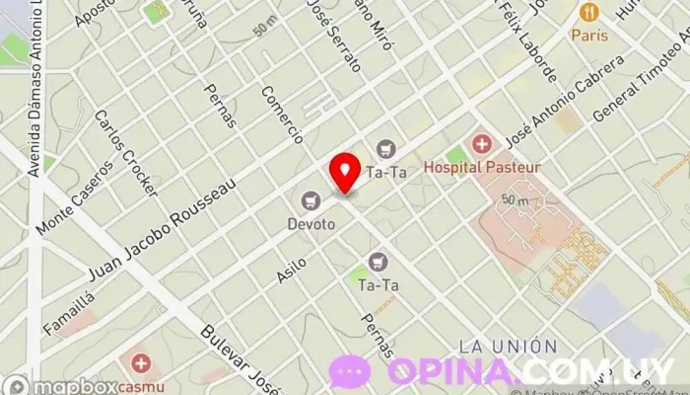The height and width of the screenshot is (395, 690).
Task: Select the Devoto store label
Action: pyautogui.click(x=311, y=224)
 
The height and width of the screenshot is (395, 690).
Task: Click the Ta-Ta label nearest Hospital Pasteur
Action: pyautogui.click(x=386, y=172)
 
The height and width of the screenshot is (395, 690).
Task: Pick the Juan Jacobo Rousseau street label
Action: pyautogui.click(x=163, y=227)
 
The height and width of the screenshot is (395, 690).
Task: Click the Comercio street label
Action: pyautogui.click(x=281, y=115)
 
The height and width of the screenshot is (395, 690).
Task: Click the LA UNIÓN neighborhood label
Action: pyautogui.click(x=508, y=347)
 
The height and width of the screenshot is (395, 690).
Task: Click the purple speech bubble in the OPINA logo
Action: pyautogui.click(x=351, y=371)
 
